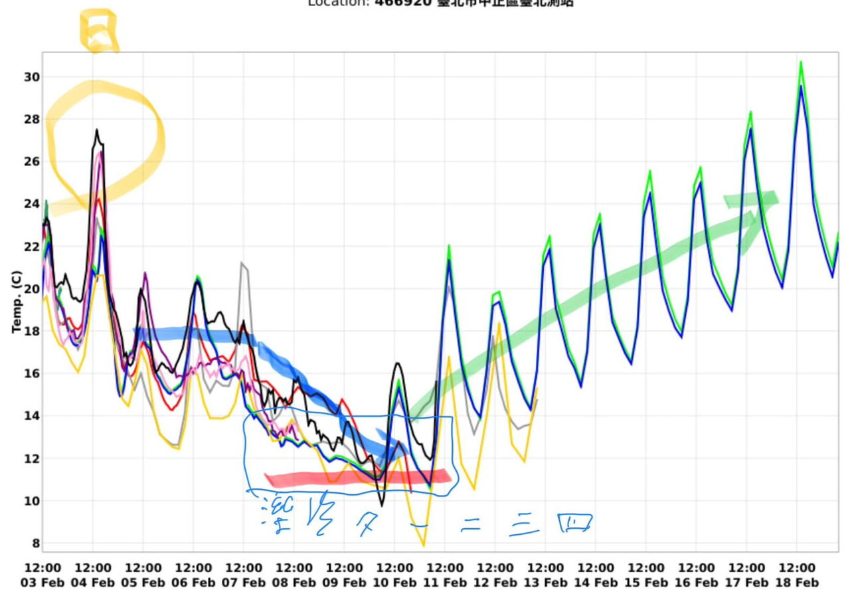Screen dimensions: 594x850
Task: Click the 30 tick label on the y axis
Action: pyautogui.click(x=31, y=77)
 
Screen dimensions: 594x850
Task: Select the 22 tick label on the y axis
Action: pyautogui.click(x=31, y=247)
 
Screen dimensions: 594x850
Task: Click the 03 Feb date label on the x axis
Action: pyautogui.click(x=42, y=583)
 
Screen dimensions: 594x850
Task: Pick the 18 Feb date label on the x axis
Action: pyautogui.click(x=797, y=583)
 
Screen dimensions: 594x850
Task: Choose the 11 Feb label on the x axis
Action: pyautogui.click(x=444, y=583)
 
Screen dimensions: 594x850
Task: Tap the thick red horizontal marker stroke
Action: pyautogui.click(x=359, y=478)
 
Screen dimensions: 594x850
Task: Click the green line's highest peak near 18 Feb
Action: pyautogui.click(x=801, y=62)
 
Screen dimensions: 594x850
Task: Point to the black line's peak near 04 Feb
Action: pyautogui.click(x=96, y=130)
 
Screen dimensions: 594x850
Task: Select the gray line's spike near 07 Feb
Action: pyautogui.click(x=243, y=264)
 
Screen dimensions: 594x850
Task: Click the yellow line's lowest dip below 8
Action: pyautogui.click(x=424, y=545)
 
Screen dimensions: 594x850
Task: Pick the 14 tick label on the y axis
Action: pyautogui.click(x=31, y=416)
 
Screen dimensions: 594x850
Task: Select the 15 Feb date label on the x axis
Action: pyautogui.click(x=645, y=583)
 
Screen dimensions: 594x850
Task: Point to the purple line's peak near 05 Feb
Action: pyautogui.click(x=145, y=273)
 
